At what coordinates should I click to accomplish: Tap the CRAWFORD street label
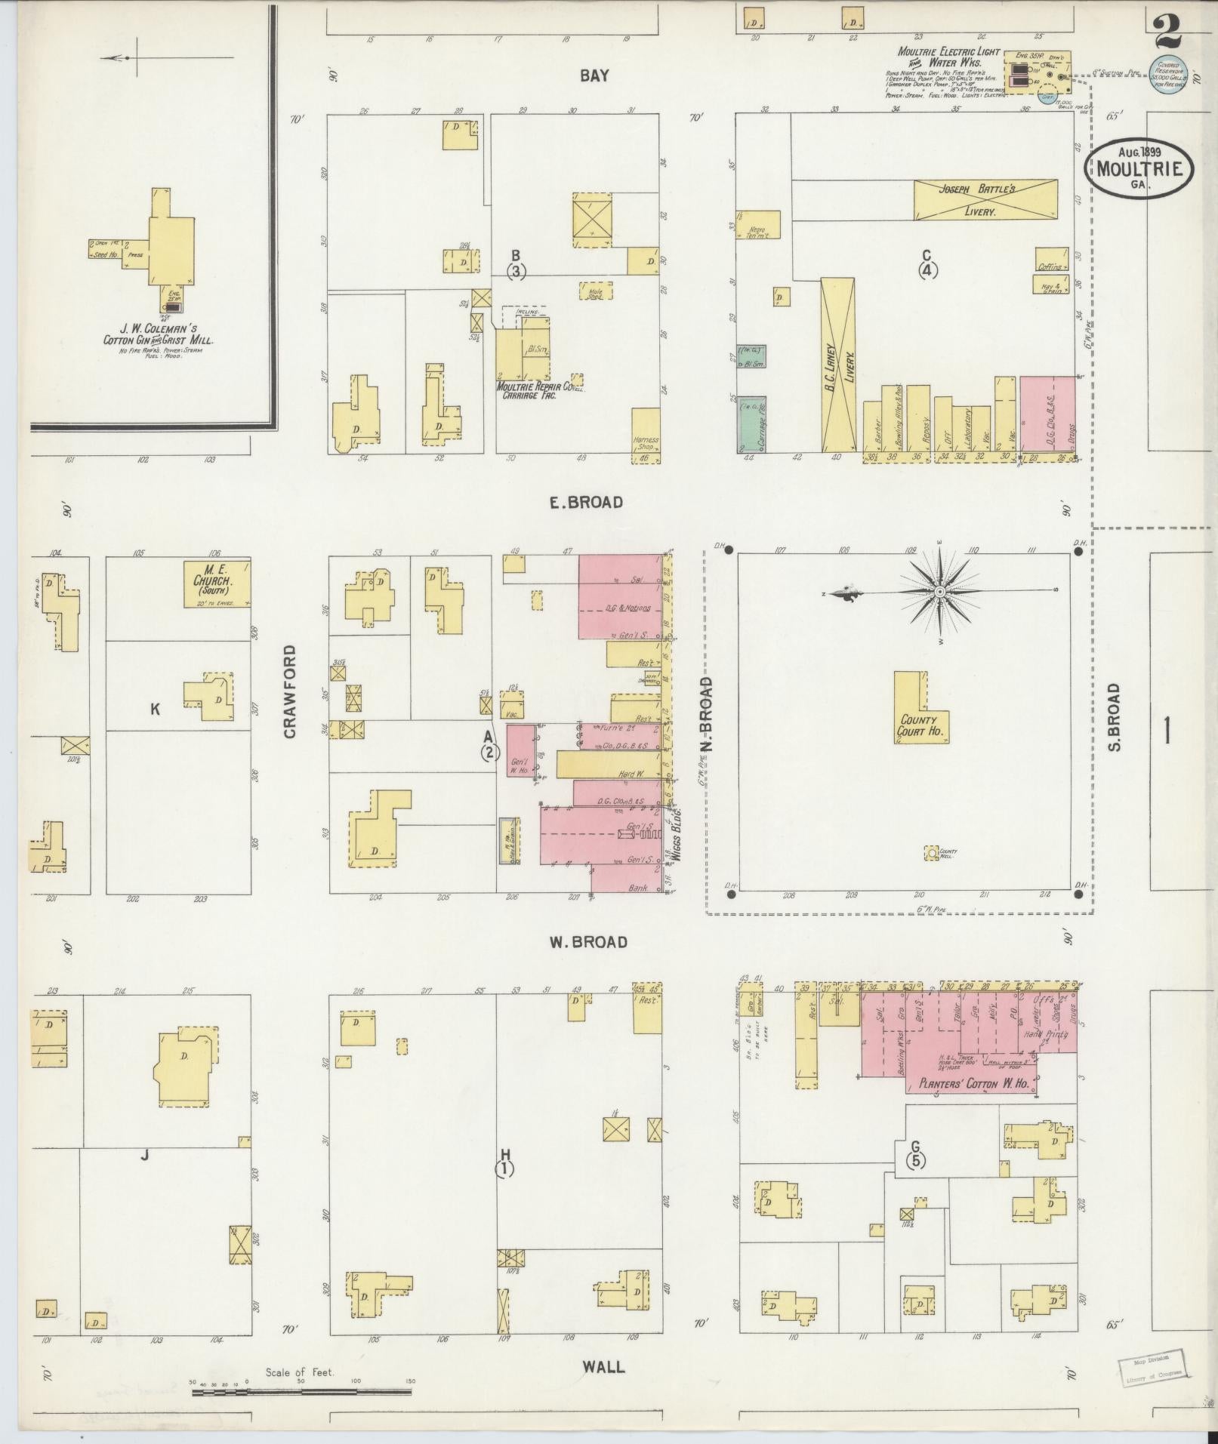click(x=291, y=691)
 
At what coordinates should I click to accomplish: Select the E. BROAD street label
click(x=586, y=502)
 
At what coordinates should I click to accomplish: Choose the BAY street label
click(x=594, y=75)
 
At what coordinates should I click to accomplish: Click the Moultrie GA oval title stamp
click(x=1140, y=169)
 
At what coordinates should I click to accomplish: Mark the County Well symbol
click(x=932, y=852)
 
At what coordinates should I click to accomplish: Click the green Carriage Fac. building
click(x=751, y=424)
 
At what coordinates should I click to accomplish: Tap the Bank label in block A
click(x=638, y=888)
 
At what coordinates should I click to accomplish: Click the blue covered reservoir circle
click(x=1168, y=75)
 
